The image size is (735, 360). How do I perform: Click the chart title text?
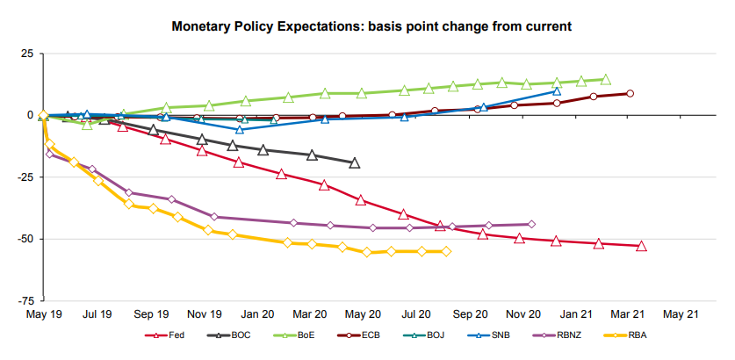click(x=371, y=26)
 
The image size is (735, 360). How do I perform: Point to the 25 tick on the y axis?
click(x=26, y=54)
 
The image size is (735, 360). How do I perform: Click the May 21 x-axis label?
click(x=681, y=313)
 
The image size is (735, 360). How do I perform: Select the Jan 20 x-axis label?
click(x=256, y=313)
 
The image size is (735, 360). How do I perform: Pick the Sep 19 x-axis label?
click(x=152, y=313)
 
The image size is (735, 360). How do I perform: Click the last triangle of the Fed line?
click(x=641, y=246)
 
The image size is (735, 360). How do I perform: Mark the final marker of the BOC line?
click(x=354, y=162)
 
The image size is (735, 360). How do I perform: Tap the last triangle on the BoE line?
click(x=605, y=79)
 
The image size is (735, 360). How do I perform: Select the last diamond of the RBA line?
click(x=446, y=251)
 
